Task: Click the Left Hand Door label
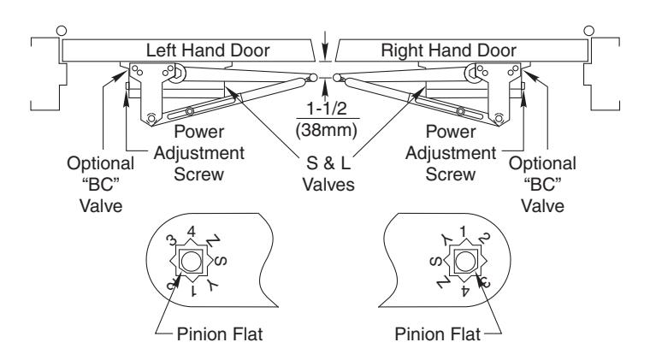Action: click(208, 50)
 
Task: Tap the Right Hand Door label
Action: click(448, 50)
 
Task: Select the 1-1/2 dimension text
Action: click(326, 109)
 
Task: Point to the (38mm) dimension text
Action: click(326, 130)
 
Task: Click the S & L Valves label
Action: click(328, 174)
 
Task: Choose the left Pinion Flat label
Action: click(220, 333)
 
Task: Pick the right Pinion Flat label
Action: click(437, 333)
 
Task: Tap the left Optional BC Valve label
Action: click(101, 185)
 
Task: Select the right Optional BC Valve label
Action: click(542, 185)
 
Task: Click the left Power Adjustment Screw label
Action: click(199, 153)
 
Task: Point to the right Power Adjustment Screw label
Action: click(451, 153)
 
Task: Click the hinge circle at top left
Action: click(62, 31)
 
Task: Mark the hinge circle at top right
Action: click(588, 31)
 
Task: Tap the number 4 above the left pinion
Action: click(191, 232)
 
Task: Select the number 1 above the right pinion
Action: click(463, 232)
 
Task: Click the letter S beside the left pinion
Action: click(222, 261)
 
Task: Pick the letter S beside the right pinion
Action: click(435, 262)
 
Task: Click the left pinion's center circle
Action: click(191, 262)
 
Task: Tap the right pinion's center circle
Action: click(464, 262)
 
